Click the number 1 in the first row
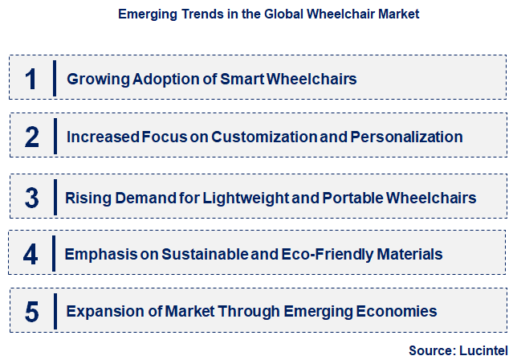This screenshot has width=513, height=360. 31,79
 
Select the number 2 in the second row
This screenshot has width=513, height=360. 31,137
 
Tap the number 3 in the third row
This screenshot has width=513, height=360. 31,197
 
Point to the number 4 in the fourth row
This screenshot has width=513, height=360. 31,255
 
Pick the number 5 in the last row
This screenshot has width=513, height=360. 31,312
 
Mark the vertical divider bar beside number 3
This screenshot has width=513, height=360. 55,197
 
